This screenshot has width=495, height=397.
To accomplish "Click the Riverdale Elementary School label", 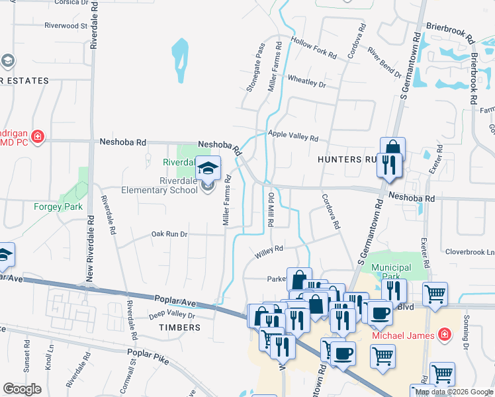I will pos(159,185).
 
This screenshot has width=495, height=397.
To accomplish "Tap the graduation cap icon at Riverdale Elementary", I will pos(208,167).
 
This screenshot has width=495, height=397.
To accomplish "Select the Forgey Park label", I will pos(58,206).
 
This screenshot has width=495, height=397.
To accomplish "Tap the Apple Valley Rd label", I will pos(293,136).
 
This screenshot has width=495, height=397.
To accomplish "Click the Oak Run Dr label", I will pos(169,234).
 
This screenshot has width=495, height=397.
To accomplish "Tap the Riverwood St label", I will pos(66,26).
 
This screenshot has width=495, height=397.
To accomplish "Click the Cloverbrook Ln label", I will pos(470,252).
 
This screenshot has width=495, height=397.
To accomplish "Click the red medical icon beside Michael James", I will pos(447,335).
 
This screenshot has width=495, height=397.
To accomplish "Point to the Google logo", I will pos(22,389).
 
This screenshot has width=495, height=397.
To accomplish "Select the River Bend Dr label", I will pos(385,62).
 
